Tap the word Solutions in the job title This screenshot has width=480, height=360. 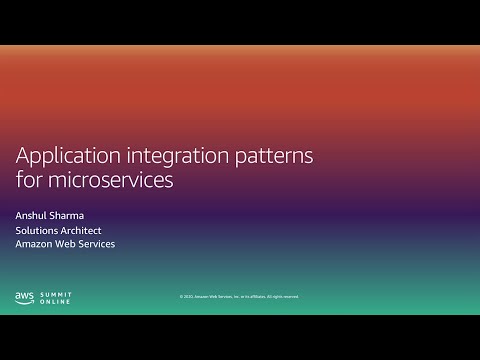38,229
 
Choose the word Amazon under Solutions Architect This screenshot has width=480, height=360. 36,244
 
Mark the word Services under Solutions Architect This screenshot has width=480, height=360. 99,244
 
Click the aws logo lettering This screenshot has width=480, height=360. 24,295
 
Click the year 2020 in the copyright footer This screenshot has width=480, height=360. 187,297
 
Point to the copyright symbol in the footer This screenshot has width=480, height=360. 180,297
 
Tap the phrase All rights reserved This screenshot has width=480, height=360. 282,297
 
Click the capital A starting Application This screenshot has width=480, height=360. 22,156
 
